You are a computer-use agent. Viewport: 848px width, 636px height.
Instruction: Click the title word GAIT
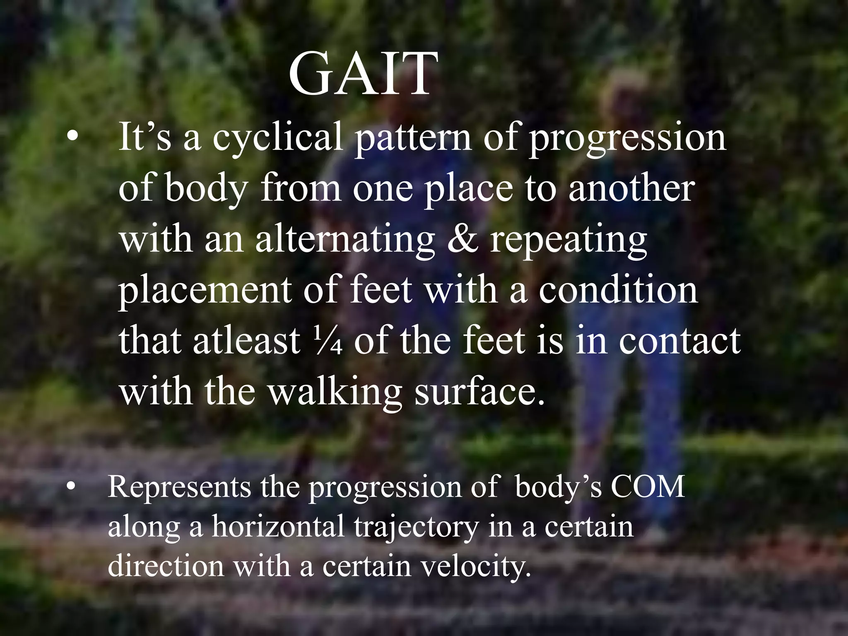[x=363, y=75]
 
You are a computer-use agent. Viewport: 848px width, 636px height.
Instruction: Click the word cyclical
[x=278, y=137]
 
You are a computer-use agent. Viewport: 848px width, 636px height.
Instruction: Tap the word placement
[x=205, y=291]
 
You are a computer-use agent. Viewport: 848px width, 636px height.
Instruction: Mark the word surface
[x=479, y=392]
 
